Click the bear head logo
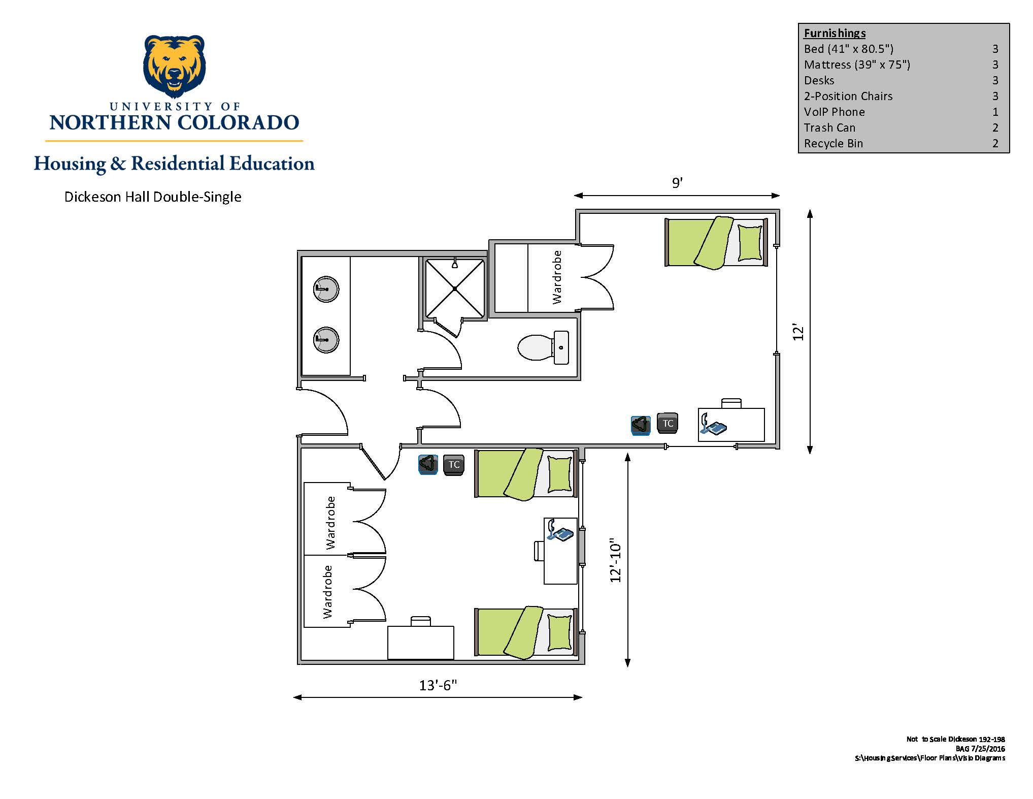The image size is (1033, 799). click(175, 66)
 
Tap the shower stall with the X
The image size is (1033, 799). click(454, 289)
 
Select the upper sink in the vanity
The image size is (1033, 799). click(326, 289)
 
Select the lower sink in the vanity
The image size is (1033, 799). click(326, 340)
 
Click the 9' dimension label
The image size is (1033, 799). click(677, 183)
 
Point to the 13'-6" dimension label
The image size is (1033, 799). click(438, 685)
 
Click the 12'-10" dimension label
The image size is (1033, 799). click(615, 560)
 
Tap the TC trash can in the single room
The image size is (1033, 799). click(668, 423)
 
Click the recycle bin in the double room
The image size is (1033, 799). click(428, 464)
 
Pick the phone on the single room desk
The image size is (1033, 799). click(713, 425)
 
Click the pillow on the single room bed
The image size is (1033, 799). click(750, 242)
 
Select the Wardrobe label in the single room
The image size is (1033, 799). click(557, 277)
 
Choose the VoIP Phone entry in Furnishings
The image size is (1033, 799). click(835, 112)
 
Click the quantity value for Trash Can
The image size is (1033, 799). click(995, 127)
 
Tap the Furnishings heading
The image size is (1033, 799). click(835, 33)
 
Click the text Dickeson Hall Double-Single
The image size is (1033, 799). click(153, 197)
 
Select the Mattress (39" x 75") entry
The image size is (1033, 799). click(857, 65)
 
